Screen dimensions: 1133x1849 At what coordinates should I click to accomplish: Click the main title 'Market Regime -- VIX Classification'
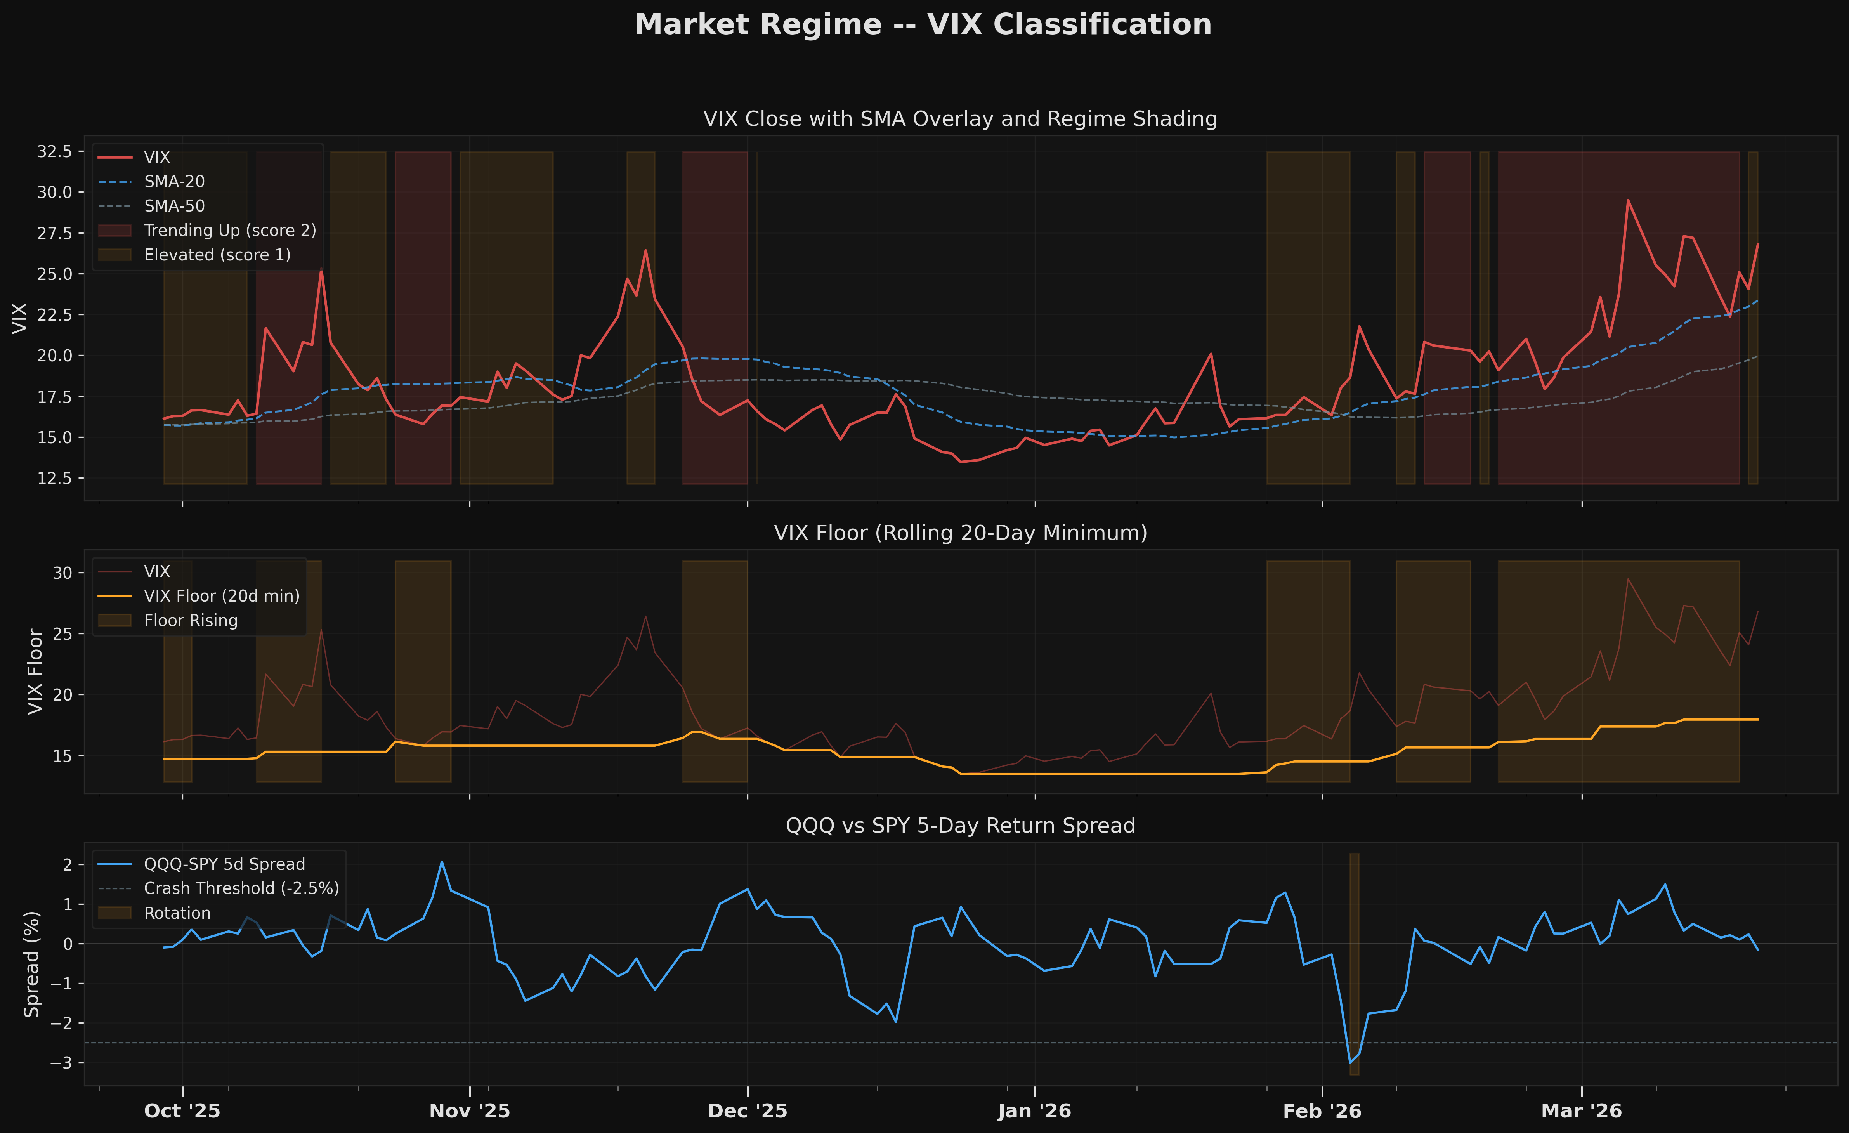pyautogui.click(x=923, y=25)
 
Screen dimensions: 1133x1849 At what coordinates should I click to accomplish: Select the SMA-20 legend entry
pyautogui.click(x=174, y=182)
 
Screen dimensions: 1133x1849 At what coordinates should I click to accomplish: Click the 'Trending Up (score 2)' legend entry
pyautogui.click(x=230, y=230)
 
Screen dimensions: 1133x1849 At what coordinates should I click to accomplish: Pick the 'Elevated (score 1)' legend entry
pyautogui.click(x=217, y=255)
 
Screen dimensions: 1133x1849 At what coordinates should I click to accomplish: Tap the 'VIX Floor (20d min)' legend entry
pyautogui.click(x=221, y=596)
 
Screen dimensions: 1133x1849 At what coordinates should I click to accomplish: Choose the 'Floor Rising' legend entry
pyautogui.click(x=191, y=621)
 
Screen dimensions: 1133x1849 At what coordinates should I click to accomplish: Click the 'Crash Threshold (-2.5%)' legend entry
pyautogui.click(x=241, y=888)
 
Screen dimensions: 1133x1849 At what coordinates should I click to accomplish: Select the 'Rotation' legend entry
pyautogui.click(x=177, y=913)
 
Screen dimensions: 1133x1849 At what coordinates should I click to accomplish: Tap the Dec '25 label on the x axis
pyautogui.click(x=748, y=1111)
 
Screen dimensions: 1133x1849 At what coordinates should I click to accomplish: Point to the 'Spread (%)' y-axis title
pyautogui.click(x=31, y=964)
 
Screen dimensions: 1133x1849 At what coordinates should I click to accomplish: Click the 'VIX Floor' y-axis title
pyautogui.click(x=35, y=671)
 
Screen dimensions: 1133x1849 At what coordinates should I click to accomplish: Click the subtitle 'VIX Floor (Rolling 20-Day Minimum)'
pyautogui.click(x=960, y=533)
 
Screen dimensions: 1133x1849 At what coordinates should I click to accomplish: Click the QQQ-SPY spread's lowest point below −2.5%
pyautogui.click(x=1350, y=1062)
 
